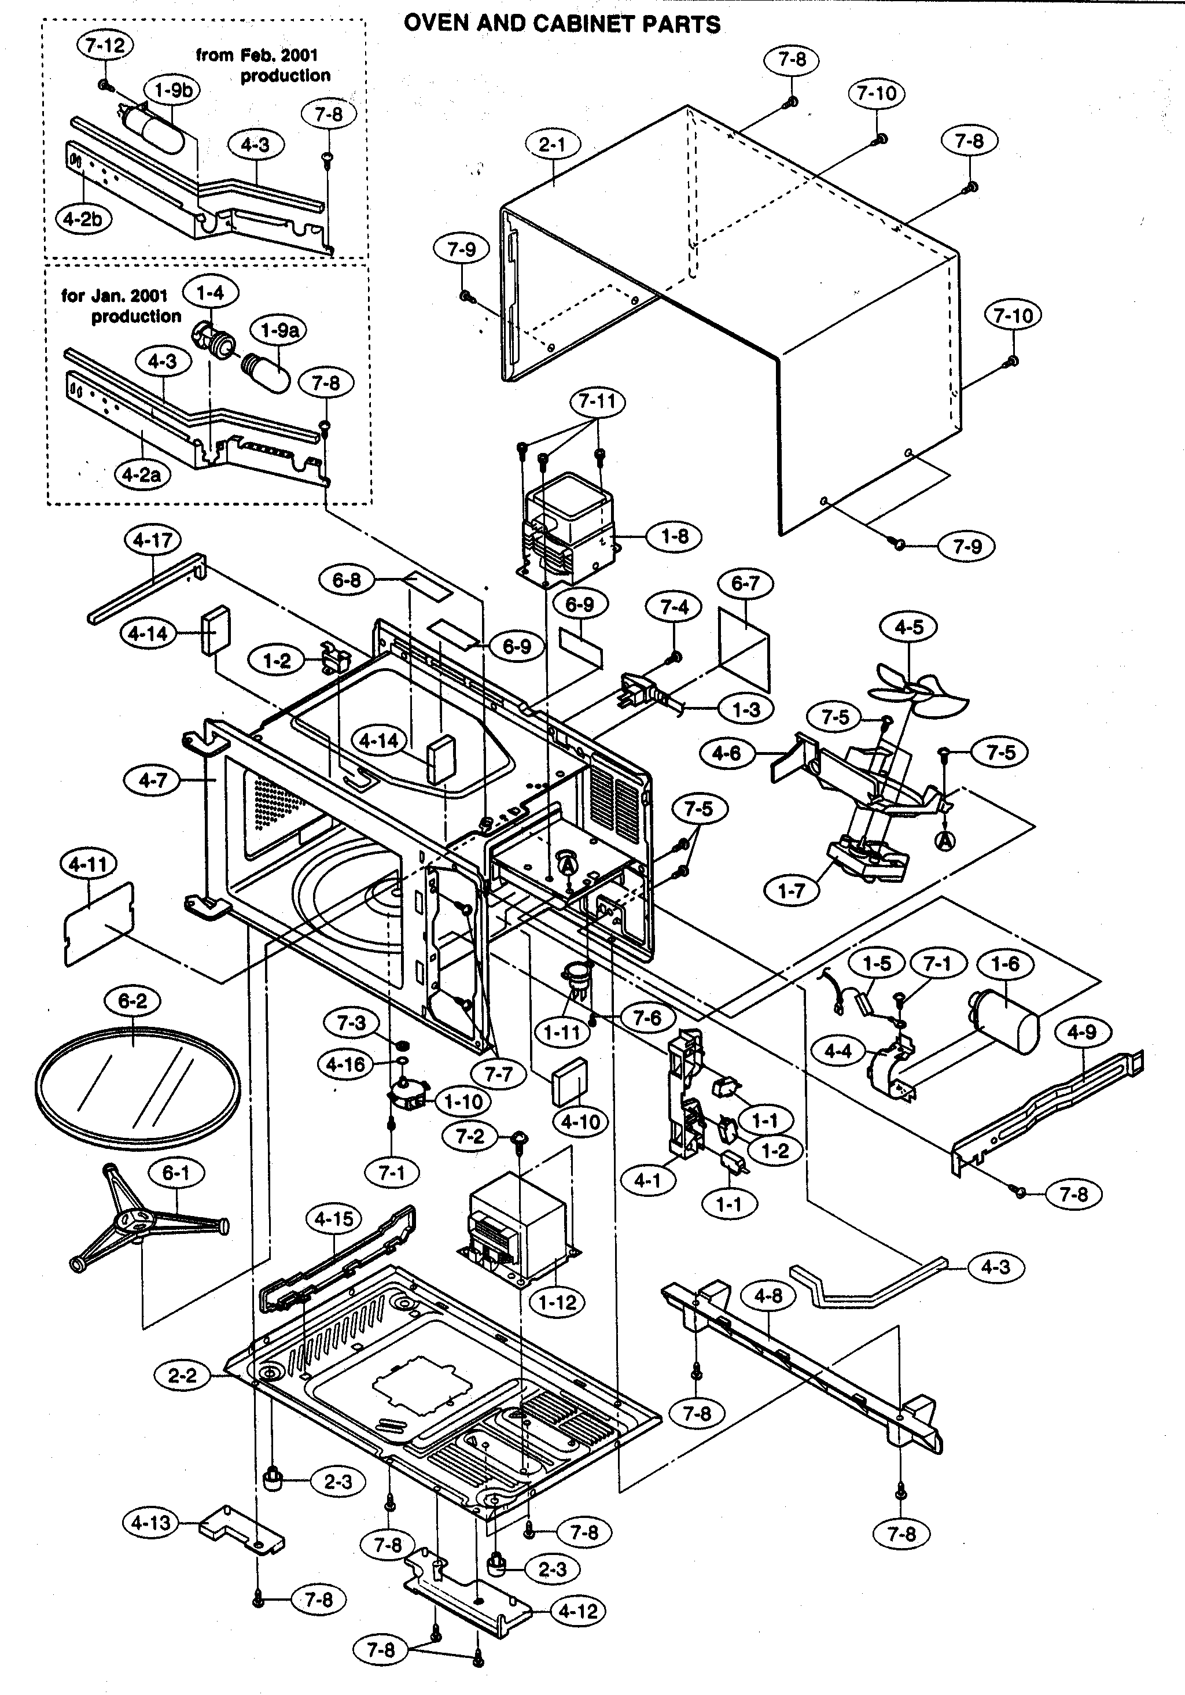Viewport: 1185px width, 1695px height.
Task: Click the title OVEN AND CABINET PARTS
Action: click(562, 24)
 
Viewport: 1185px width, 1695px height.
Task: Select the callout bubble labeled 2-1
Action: click(552, 145)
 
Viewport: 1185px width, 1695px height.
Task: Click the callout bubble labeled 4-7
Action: click(153, 780)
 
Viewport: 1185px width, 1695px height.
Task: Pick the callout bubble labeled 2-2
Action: click(182, 1375)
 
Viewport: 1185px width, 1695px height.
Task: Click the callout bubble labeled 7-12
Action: click(105, 46)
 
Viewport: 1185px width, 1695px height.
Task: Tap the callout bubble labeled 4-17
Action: click(153, 540)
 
